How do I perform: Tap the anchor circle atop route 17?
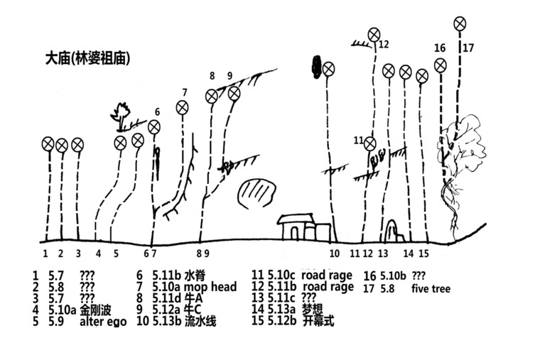tap(460, 24)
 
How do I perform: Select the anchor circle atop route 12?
tap(374, 34)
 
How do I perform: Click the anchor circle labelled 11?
tap(369, 144)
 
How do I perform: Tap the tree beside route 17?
tap(458, 153)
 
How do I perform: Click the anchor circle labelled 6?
tap(154, 128)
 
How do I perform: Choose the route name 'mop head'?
tap(207, 286)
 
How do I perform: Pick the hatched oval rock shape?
tap(256, 193)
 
